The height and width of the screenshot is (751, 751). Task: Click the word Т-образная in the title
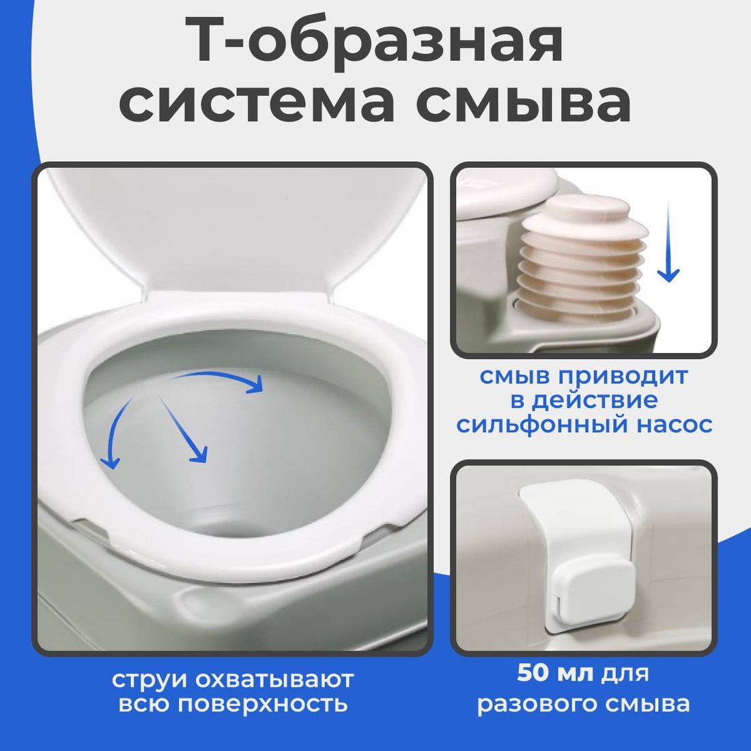click(x=378, y=42)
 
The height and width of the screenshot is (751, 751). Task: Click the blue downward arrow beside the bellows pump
click(x=668, y=242)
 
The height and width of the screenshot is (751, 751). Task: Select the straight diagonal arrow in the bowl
click(x=183, y=429)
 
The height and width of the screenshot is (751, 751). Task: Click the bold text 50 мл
click(x=554, y=674)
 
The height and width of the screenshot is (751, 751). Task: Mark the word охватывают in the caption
click(x=274, y=679)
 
